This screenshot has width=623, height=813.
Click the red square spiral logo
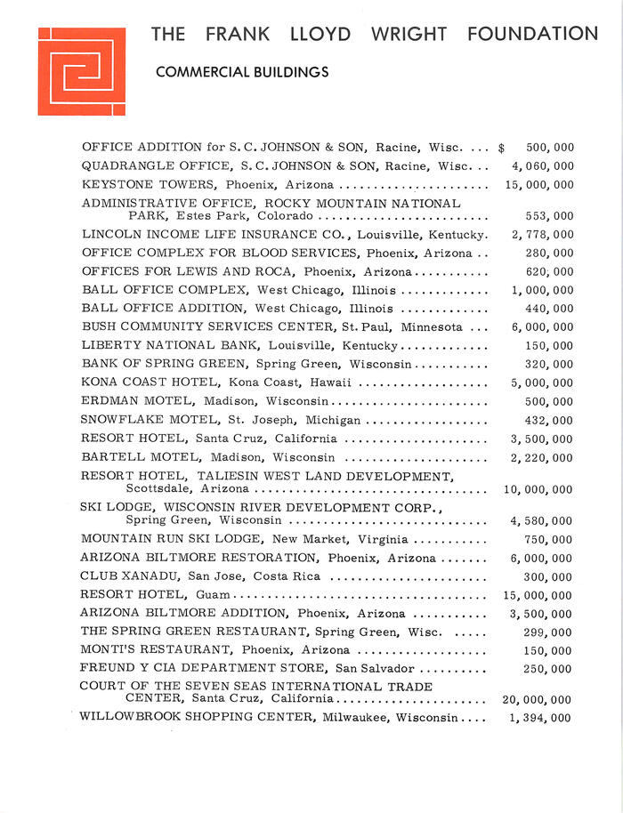82,71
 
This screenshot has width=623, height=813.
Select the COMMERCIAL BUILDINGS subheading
241,73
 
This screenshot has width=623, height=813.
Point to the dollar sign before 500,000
502,148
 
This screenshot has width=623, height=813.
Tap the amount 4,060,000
542,166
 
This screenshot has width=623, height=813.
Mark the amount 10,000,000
538,490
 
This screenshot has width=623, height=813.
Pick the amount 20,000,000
538,700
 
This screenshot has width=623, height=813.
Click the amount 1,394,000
542,719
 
